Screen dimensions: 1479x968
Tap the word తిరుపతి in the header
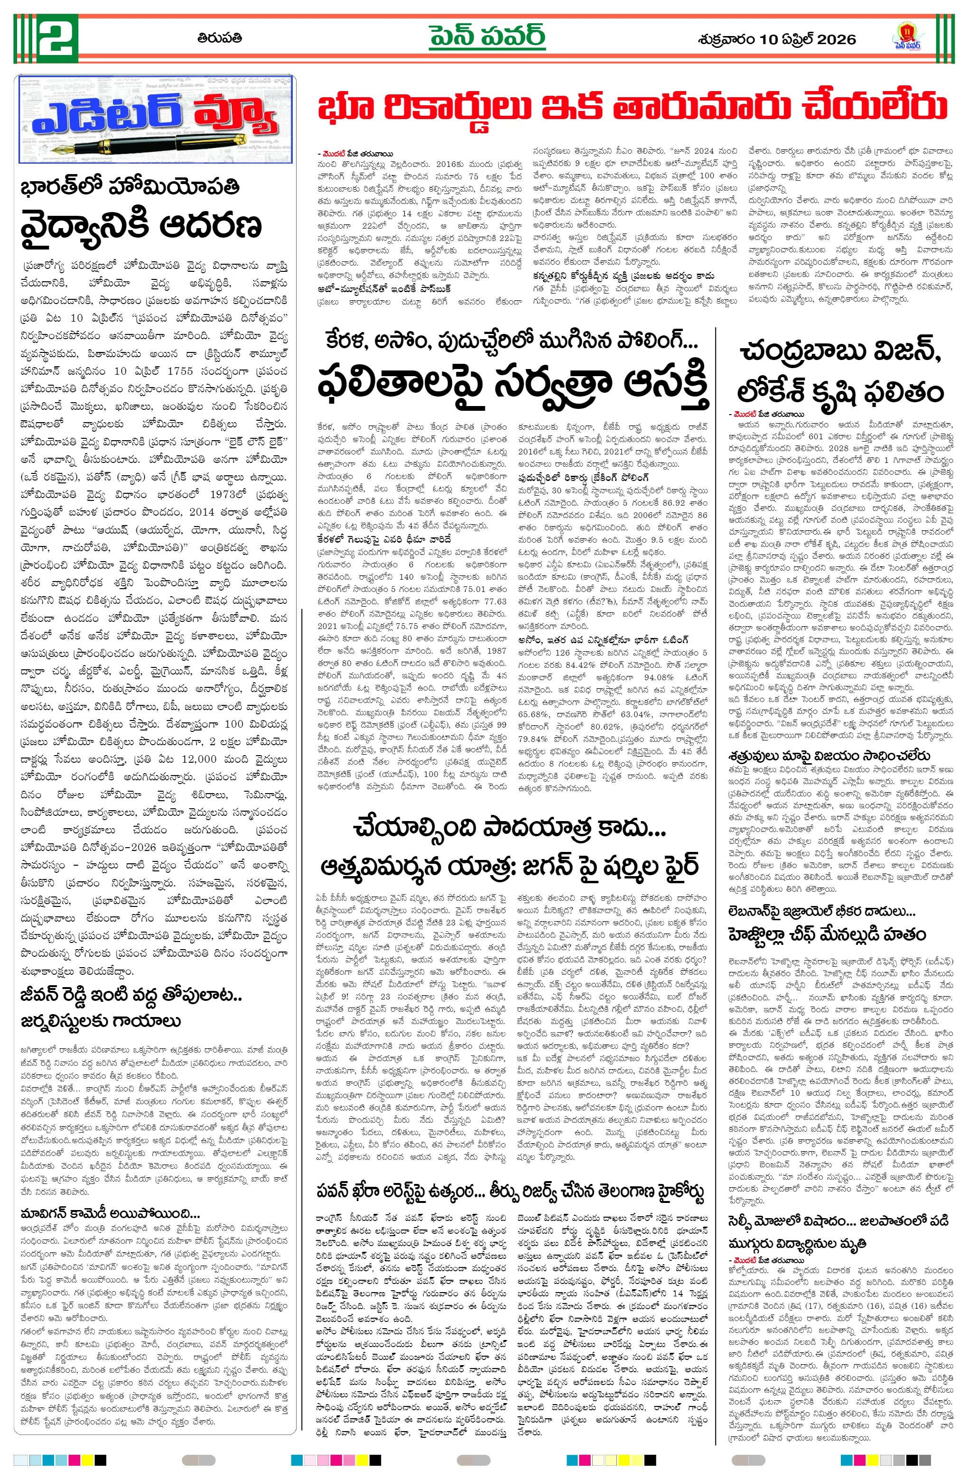point(220,38)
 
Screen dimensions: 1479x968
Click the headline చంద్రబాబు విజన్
point(840,352)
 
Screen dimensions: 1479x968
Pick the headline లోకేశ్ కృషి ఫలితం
point(840,392)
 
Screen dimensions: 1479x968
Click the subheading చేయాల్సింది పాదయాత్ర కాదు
point(509,828)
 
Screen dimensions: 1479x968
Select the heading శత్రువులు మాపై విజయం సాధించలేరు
point(829,756)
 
